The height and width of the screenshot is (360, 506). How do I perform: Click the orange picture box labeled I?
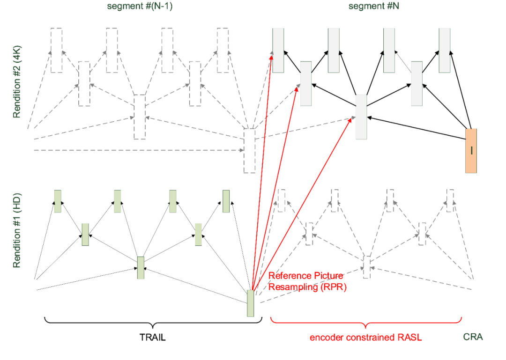(471, 151)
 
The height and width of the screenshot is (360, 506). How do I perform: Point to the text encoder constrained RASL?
(366, 337)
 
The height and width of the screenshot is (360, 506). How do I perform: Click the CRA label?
(473, 337)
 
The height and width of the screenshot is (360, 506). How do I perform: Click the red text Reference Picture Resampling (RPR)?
(307, 281)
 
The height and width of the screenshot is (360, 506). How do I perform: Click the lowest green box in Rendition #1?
(251, 303)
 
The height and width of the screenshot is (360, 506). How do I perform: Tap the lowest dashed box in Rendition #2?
(249, 150)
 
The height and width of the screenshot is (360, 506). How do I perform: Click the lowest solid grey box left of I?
(361, 117)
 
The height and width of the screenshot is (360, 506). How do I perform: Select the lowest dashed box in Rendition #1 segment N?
(367, 267)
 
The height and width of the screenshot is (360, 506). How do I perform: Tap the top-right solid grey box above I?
(445, 50)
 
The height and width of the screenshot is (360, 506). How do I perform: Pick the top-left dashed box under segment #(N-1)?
(56, 50)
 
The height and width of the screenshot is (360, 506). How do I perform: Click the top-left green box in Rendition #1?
(58, 201)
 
